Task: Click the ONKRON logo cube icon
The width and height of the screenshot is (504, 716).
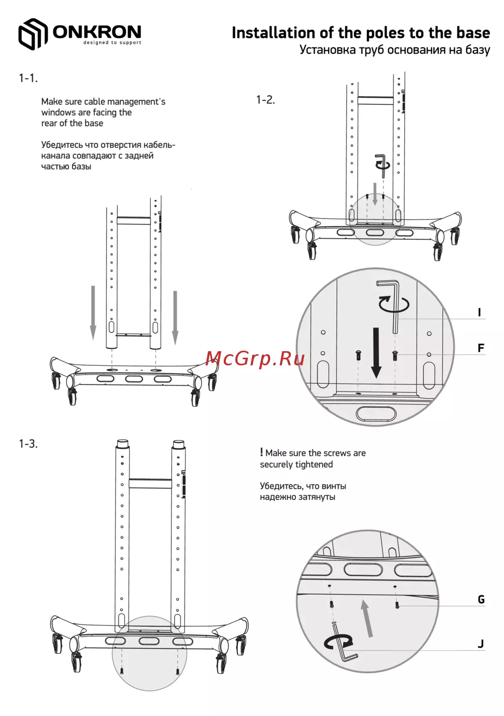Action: point(33,34)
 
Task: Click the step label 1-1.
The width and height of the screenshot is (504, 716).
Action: point(28,78)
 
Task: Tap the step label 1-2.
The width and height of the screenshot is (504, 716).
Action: point(266,100)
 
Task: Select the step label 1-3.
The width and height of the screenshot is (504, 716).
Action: point(28,444)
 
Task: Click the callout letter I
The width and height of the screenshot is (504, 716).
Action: point(479,312)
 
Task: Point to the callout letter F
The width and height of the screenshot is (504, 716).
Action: point(481,348)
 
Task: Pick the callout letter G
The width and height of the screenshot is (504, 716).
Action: point(481,599)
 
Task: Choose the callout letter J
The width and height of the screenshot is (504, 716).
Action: point(481,643)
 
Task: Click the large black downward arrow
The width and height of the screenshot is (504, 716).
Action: point(376,353)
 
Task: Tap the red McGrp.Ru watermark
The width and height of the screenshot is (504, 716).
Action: point(255,359)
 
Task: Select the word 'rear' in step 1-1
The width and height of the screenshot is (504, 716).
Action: point(49,124)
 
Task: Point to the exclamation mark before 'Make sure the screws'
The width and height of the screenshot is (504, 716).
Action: point(262,452)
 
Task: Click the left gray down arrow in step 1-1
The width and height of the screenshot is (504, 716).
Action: point(93,313)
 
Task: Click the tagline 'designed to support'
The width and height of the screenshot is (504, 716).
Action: point(112,42)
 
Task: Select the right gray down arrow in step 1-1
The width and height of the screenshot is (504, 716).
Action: point(175,318)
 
